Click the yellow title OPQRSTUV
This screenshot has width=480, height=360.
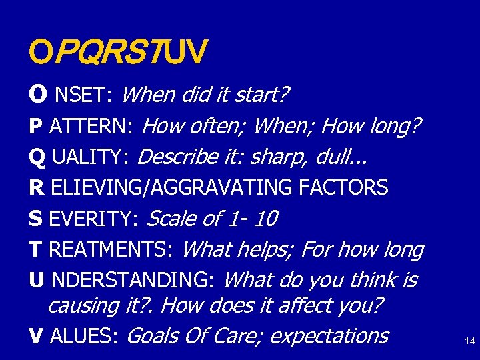[118, 50]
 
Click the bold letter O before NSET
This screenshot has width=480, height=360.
[37, 95]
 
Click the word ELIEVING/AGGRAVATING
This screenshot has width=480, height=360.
[173, 188]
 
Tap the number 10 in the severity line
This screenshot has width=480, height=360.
[265, 218]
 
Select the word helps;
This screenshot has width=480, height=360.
[263, 249]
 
